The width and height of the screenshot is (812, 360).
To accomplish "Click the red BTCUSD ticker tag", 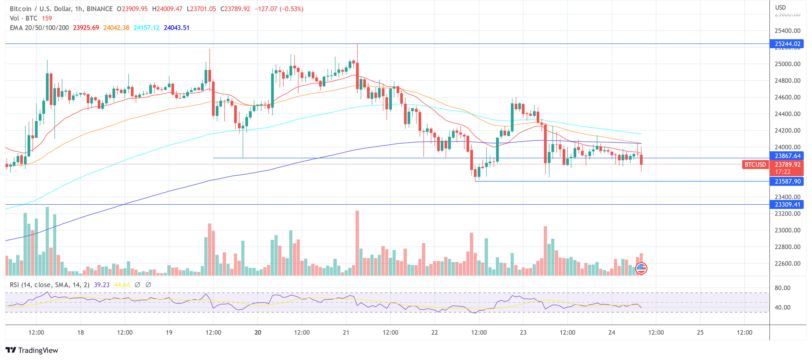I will tap(755, 165).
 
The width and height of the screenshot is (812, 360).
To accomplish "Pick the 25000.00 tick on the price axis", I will tap(787, 64).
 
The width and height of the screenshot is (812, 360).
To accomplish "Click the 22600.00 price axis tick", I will tap(787, 264).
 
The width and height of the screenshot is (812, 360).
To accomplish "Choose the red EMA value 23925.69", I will tap(86, 28).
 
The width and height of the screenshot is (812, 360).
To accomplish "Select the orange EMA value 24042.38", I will tap(116, 28).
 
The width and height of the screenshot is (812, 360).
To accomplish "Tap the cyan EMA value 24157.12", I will tap(146, 28).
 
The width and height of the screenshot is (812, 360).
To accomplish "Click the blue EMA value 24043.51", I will tap(177, 28).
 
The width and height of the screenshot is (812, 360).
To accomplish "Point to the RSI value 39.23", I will tap(101, 285).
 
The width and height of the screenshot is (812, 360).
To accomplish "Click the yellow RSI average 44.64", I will tap(122, 285).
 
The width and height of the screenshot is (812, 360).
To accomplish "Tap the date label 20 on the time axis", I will tap(257, 332).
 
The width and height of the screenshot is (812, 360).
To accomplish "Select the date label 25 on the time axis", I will tap(700, 332).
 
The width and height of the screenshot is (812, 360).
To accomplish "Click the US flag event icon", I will tap(641, 268).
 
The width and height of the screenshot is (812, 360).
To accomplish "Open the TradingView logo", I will tap(32, 350).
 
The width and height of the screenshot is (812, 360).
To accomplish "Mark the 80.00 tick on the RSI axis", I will tap(782, 288).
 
